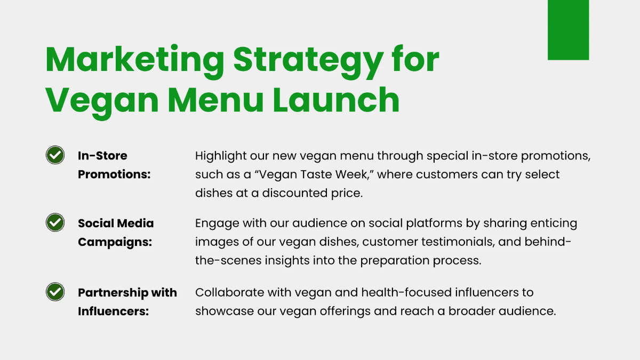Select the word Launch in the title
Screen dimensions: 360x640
point(336,100)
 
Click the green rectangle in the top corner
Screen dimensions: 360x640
point(568,30)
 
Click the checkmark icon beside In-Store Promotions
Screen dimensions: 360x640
point(55,155)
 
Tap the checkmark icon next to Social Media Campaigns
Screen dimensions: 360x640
point(55,222)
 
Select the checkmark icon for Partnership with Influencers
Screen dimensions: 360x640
point(55,292)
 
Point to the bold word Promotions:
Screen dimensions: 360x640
point(114,174)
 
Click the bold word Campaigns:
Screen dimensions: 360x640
point(115,242)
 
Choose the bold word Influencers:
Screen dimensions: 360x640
point(113,311)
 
